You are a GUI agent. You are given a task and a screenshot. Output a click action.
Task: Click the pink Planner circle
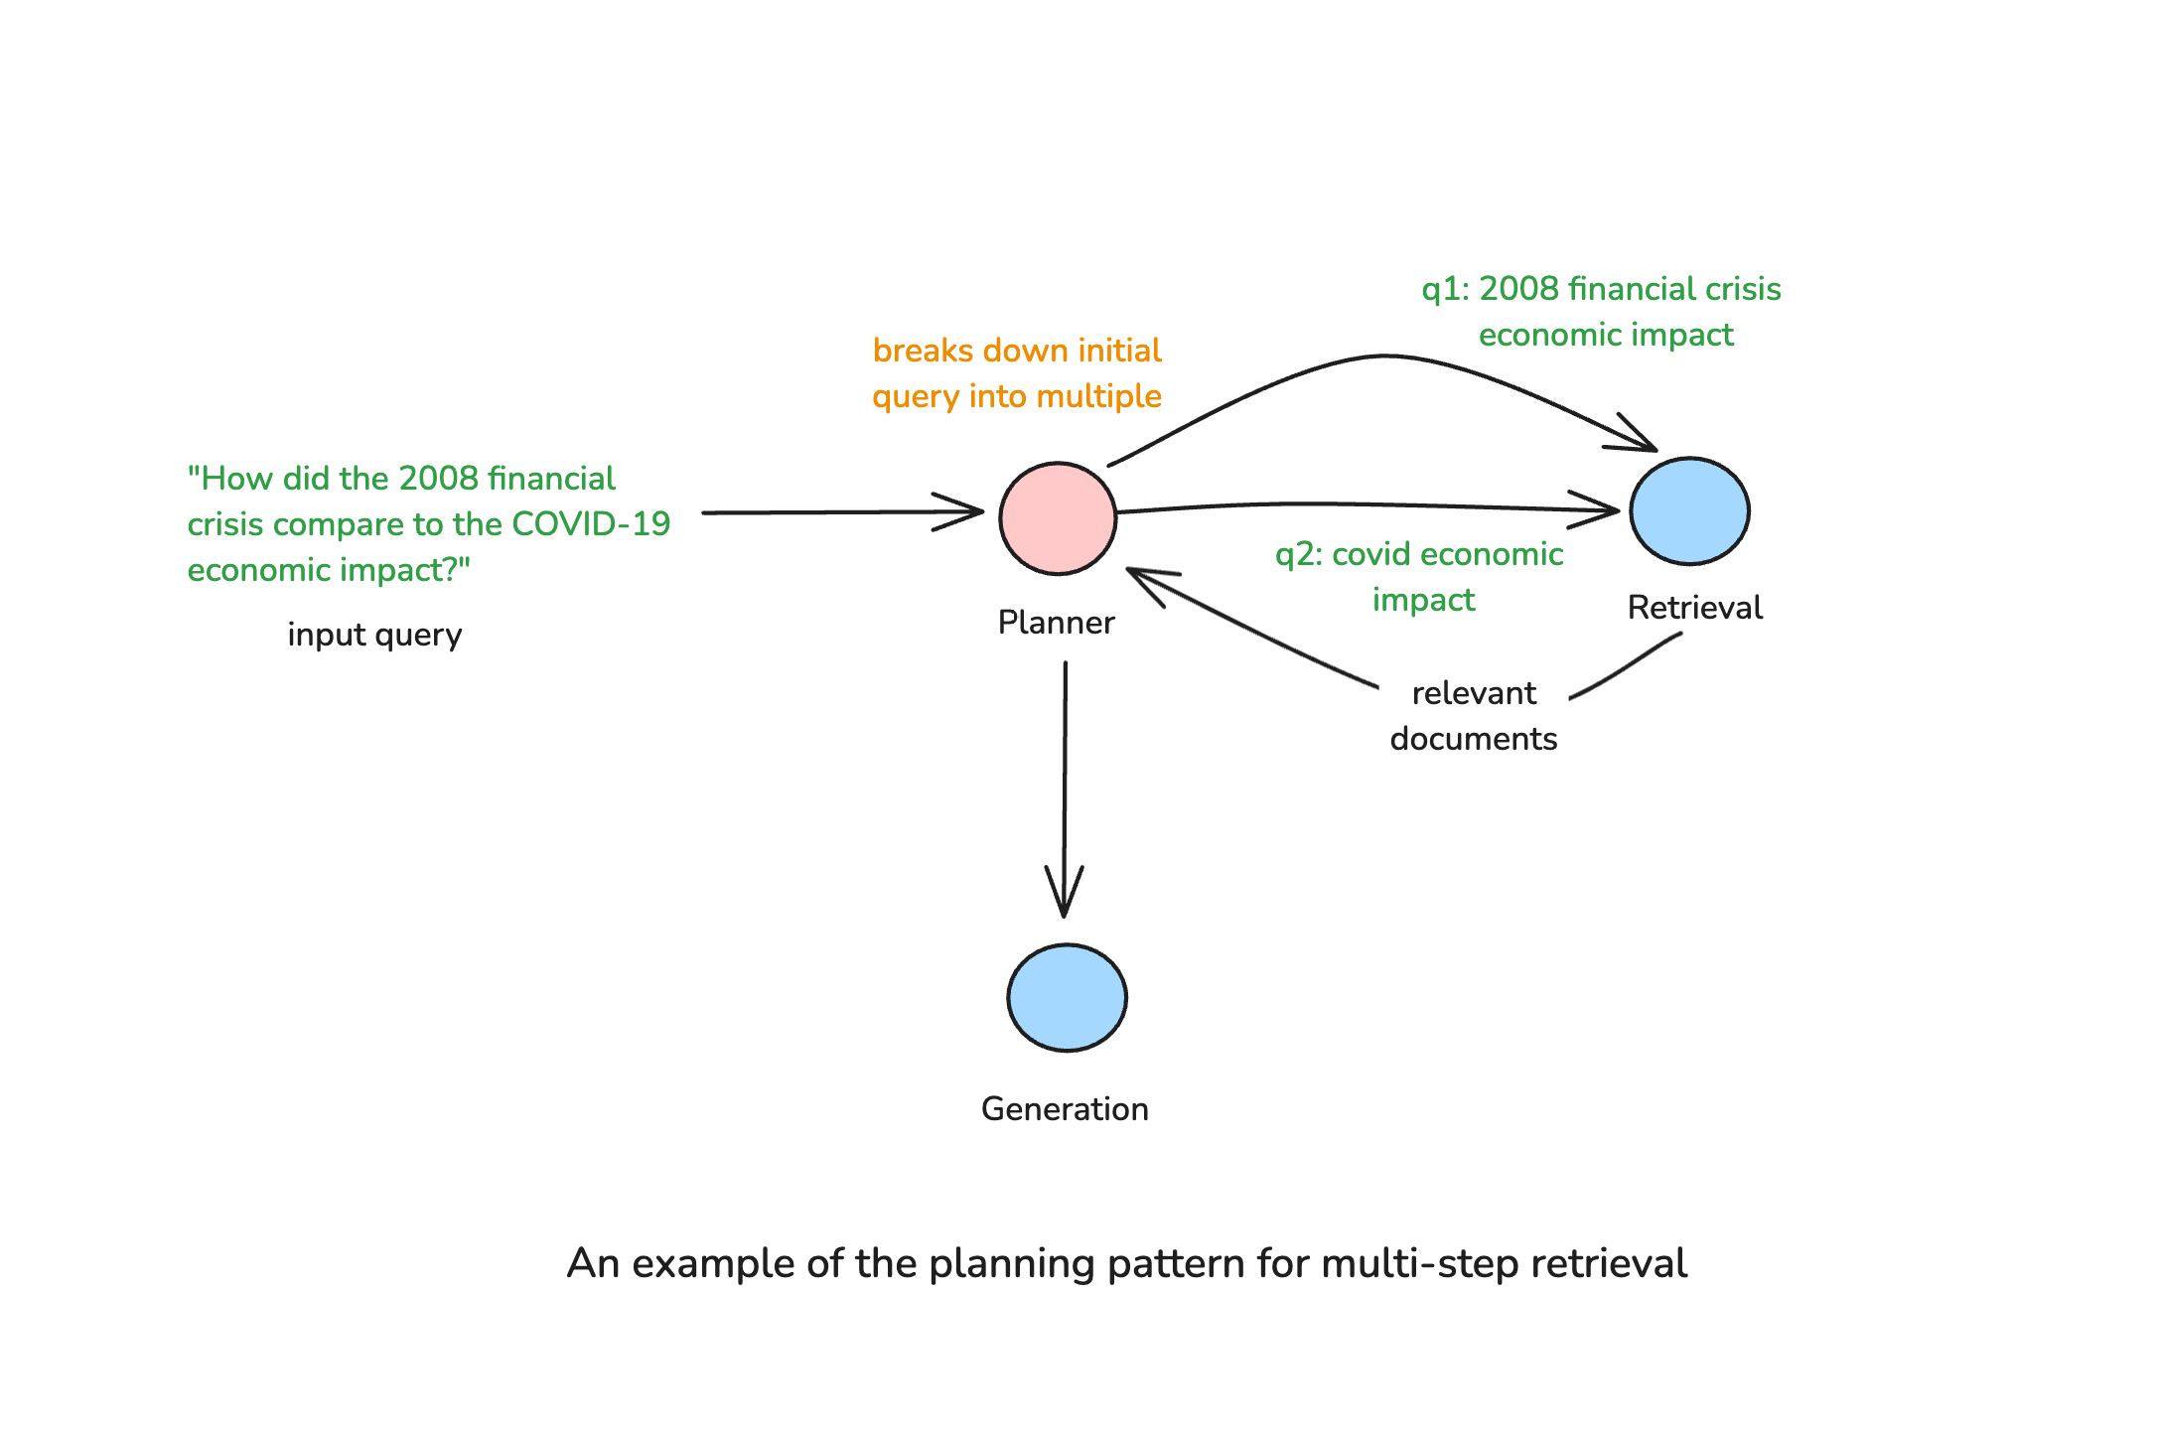coord(1058,517)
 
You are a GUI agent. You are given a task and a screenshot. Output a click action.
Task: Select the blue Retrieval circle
coord(1689,510)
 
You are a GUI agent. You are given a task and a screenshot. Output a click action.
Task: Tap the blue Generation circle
coord(1067,997)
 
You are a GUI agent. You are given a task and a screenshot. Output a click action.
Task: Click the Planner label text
coord(1056,623)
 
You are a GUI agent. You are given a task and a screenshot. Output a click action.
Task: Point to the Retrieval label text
coord(1694,608)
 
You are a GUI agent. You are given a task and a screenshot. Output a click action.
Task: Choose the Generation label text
coord(1065,1109)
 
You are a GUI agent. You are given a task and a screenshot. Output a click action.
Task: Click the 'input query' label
coord(374,635)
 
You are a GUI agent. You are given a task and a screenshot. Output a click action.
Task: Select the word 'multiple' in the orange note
coord(1102,396)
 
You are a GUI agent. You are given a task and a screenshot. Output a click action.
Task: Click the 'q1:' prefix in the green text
coord(1445,289)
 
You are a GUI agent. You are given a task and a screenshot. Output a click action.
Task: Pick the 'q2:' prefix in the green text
coord(1298,554)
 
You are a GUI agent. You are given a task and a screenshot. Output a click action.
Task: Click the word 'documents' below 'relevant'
coord(1473,739)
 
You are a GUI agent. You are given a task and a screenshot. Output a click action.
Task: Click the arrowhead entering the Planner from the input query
coord(968,512)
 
